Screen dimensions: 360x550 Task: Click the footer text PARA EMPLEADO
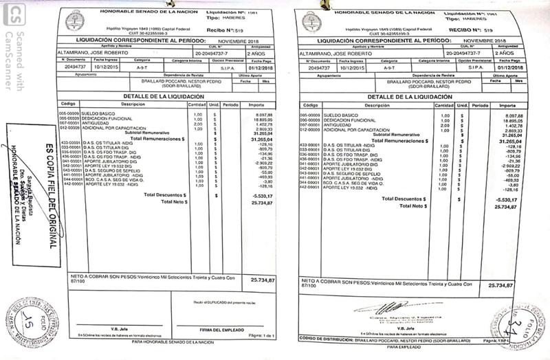407,347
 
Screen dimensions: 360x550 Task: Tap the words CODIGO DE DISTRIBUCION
324,339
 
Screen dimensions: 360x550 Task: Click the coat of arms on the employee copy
309,22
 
